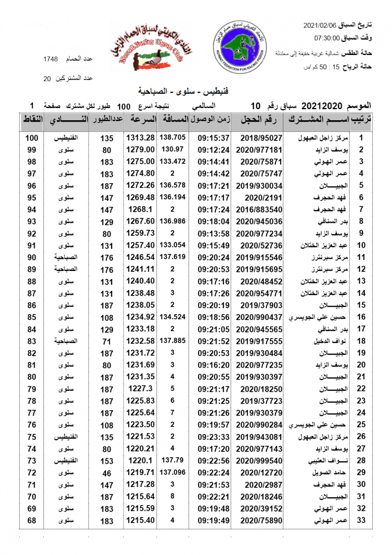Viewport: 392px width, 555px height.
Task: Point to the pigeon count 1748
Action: [50, 59]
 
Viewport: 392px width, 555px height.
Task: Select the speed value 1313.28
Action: [140, 138]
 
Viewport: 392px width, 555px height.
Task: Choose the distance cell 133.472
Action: [172, 161]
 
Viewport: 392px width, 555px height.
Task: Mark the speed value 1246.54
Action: [140, 257]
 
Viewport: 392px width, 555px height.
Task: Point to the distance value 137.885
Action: [172, 341]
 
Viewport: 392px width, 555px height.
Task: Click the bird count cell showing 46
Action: [107, 473]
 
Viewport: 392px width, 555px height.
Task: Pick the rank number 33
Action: [361, 520]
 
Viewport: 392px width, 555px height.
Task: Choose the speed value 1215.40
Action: [140, 520]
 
